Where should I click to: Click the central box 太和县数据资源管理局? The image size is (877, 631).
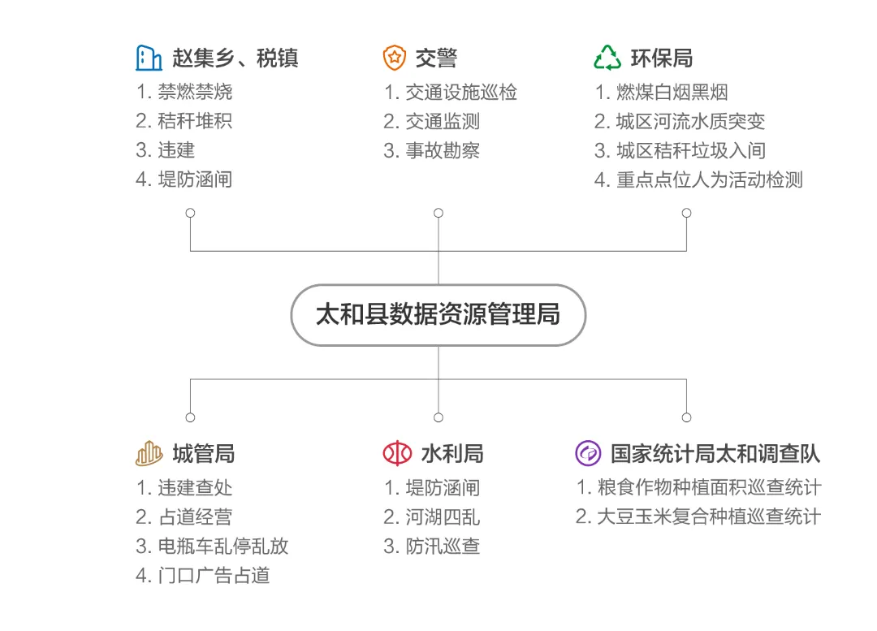pyautogui.click(x=438, y=314)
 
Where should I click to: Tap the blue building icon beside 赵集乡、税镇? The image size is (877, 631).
pyautogui.click(x=149, y=58)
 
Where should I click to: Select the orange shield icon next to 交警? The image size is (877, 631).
pyautogui.click(x=394, y=58)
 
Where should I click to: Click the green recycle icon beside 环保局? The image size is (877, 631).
pyautogui.click(x=607, y=58)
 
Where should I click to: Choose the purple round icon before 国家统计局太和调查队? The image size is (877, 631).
pyautogui.click(x=588, y=453)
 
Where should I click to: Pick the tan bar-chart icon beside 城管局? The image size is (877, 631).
pyautogui.click(x=149, y=453)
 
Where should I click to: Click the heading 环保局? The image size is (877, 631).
pyautogui.click(x=661, y=58)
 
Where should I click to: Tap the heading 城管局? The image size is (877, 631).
pyautogui.click(x=203, y=453)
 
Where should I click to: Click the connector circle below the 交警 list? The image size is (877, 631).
pyautogui.click(x=438, y=213)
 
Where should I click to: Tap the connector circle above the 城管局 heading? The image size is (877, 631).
pyautogui.click(x=190, y=417)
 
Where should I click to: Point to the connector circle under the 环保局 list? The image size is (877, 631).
pyautogui.click(x=686, y=213)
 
